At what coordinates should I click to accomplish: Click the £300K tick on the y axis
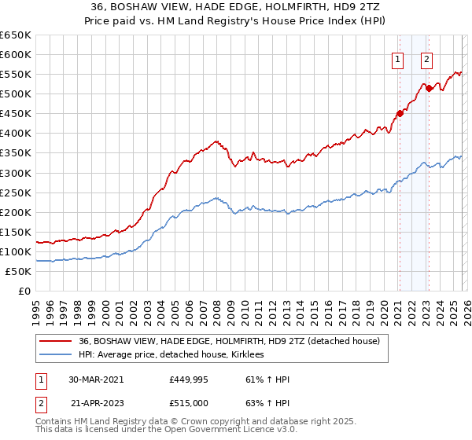15,173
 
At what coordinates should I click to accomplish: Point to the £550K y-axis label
15,75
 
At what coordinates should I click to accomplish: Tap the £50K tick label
17,271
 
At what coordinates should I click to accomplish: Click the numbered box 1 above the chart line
398,59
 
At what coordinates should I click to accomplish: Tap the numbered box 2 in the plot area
426,59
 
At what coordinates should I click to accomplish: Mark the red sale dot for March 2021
399,113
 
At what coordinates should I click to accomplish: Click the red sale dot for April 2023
429,88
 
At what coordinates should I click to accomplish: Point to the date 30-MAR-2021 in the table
95,379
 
